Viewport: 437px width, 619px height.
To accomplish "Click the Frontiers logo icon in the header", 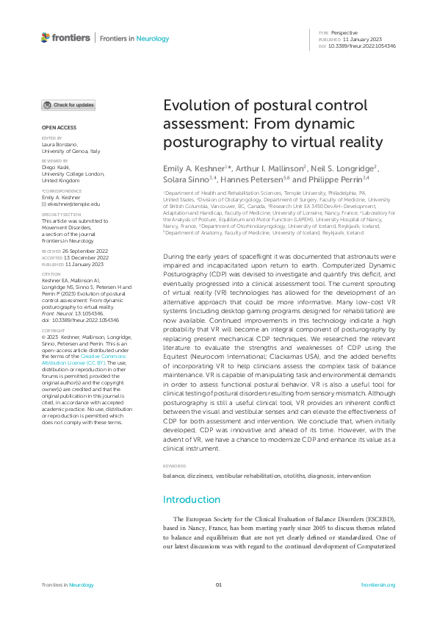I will pos(46,37).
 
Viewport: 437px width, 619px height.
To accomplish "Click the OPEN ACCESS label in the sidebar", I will pos(54,127).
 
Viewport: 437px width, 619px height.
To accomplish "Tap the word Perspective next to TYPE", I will pos(344,34).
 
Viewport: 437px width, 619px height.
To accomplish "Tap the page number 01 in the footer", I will pos(218,584).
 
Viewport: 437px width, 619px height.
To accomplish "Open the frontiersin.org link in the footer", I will pos(378,584).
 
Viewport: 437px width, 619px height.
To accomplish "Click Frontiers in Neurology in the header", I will pos(134,38).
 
